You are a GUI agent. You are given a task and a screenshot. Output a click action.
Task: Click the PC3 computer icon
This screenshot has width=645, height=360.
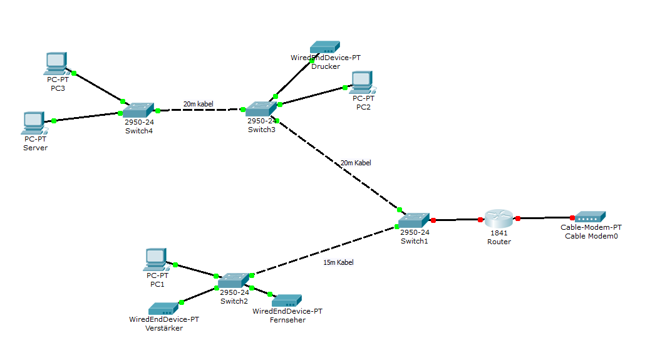click(x=56, y=61)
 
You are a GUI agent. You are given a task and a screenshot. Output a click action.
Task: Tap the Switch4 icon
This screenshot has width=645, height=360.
click(x=138, y=109)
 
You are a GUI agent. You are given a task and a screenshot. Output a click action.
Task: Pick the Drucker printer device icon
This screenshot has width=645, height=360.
click(x=325, y=48)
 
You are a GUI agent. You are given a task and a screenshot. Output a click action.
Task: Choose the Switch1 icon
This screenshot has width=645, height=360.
click(x=414, y=220)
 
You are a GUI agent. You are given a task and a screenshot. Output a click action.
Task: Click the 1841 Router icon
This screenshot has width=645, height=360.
click(x=499, y=219)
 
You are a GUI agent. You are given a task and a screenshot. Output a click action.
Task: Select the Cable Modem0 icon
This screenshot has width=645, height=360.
click(x=591, y=217)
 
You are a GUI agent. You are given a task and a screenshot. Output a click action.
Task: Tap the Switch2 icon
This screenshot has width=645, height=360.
click(x=234, y=280)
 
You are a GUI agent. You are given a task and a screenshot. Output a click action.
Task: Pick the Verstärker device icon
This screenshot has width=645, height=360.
click(x=163, y=309)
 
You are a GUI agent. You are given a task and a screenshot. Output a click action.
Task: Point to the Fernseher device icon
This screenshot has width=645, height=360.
click(x=287, y=301)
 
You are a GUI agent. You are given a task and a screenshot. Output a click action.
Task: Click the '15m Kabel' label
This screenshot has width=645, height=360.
click(x=338, y=262)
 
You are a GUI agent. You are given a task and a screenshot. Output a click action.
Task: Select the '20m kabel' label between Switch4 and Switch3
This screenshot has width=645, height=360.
click(x=199, y=103)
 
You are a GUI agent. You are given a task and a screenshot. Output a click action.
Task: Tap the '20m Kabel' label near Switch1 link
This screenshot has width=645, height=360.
click(x=356, y=163)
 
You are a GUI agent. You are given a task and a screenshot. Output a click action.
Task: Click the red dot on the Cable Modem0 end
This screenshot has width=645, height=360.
click(x=572, y=218)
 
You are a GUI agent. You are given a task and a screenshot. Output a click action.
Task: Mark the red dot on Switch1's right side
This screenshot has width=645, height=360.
click(x=433, y=220)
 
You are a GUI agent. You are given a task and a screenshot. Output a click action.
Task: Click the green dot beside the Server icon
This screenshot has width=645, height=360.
click(x=54, y=121)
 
